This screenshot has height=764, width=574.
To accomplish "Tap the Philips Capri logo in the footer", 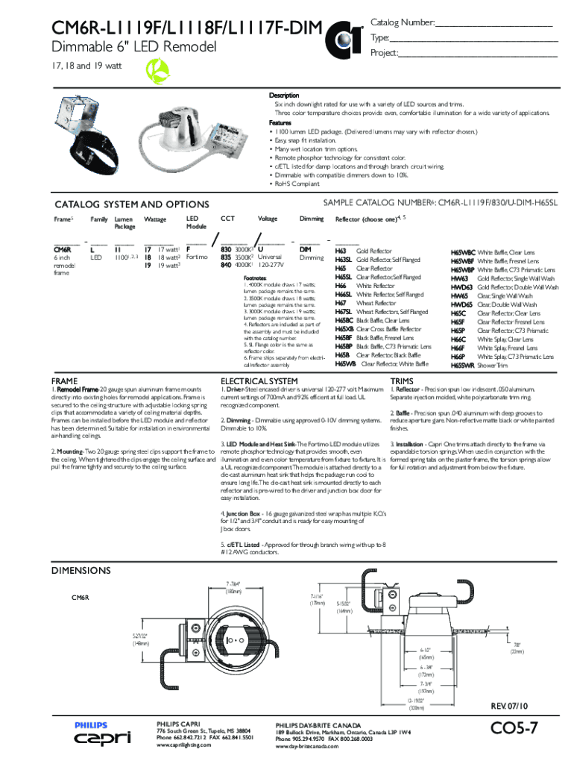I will click(x=101, y=733).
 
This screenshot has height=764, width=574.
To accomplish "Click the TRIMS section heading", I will click(x=406, y=381).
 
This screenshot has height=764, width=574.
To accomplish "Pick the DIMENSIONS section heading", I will click(x=81, y=571).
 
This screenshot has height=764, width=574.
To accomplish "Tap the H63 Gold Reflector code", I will click(x=341, y=252).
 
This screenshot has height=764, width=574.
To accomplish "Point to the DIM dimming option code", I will click(x=306, y=249).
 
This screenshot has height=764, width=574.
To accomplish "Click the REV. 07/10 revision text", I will click(x=510, y=705).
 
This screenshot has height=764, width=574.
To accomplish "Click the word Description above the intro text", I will click(x=284, y=96).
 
